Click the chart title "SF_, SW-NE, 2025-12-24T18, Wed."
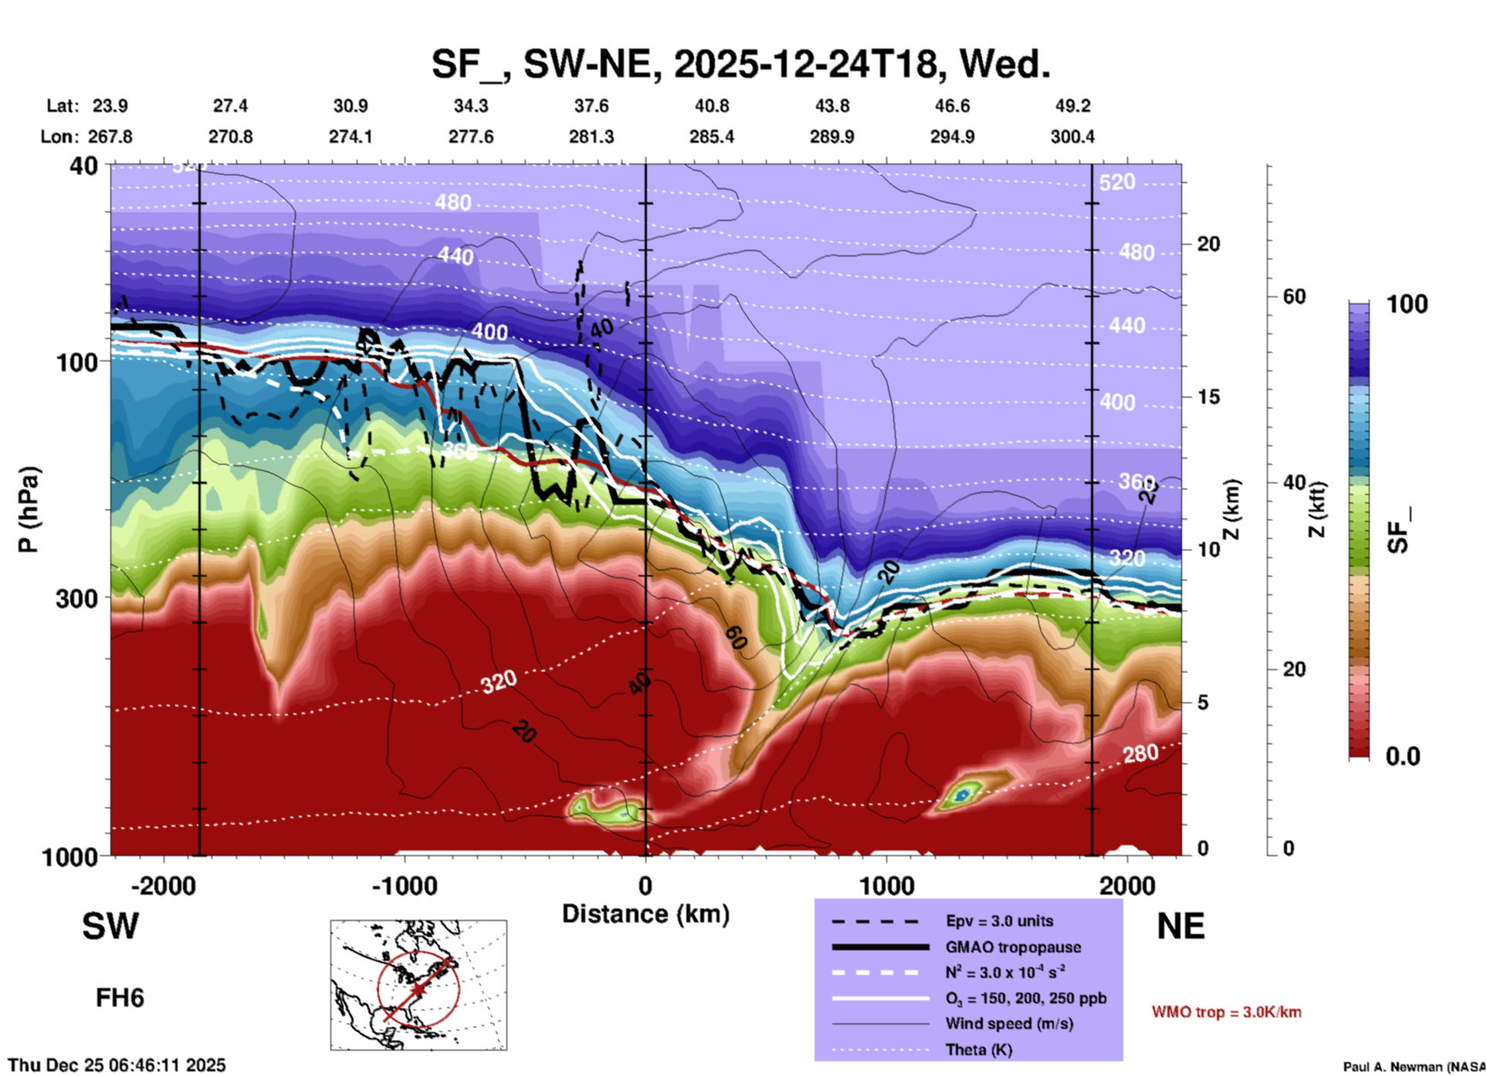click(740, 63)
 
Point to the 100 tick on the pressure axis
click(77, 361)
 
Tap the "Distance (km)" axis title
click(645, 914)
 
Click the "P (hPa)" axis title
click(29, 509)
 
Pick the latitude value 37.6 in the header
click(591, 106)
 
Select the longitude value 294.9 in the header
click(952, 137)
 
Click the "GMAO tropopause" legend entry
click(1013, 947)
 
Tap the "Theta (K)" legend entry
click(979, 1050)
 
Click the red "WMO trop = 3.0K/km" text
click(1226, 1012)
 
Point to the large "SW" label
click(110, 926)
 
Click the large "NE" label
click(1180, 926)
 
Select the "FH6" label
click(120, 998)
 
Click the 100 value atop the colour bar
click(1407, 304)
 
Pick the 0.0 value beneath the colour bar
click(1403, 756)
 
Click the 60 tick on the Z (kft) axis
click(1294, 296)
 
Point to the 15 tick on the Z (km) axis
click(1208, 397)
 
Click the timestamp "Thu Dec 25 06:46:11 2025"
click(117, 1065)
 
